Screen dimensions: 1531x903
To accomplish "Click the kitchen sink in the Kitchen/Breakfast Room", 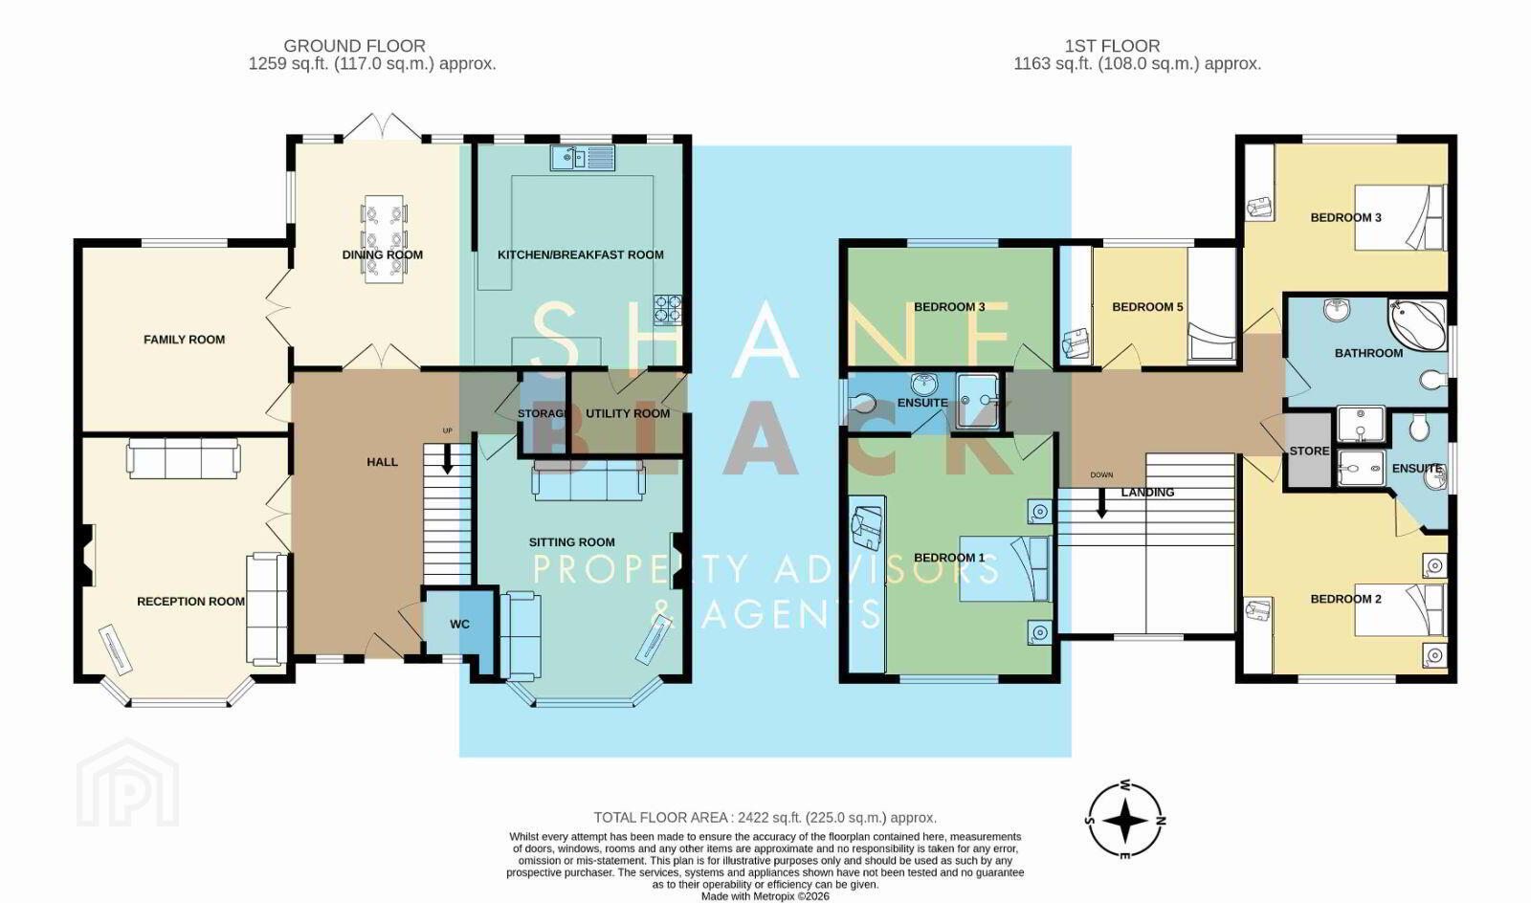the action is pos(583,158).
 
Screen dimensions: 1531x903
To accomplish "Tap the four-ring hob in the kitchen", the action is pos(668,309).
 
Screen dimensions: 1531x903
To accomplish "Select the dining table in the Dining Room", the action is pos(383,238).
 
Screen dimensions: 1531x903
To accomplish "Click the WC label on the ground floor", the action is pos(460,624).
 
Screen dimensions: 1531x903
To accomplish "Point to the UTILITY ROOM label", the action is pos(628,413).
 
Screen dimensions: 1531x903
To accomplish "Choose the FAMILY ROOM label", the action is pos(184,340).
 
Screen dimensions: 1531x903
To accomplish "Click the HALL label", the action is pos(382,462).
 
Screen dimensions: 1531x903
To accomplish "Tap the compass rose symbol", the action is pos(1125,819).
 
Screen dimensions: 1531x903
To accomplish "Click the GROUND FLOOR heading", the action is pos(355,46).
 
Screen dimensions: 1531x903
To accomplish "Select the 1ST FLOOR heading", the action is pos(1112,46).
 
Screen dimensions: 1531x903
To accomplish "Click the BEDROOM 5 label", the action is pos(1147,307).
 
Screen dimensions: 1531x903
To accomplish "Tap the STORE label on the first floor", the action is pos(1309,451).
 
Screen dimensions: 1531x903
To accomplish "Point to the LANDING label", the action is pos(1147,492).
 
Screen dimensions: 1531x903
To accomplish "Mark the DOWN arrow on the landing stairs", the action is pos(1101,503).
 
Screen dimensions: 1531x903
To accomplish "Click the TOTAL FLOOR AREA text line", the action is pos(765,818).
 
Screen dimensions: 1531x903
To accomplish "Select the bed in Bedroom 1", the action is pos(1005,568).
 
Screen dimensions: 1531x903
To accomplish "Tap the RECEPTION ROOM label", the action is pos(190,601).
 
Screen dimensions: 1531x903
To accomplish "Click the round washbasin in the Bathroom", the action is pos(1337,310).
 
